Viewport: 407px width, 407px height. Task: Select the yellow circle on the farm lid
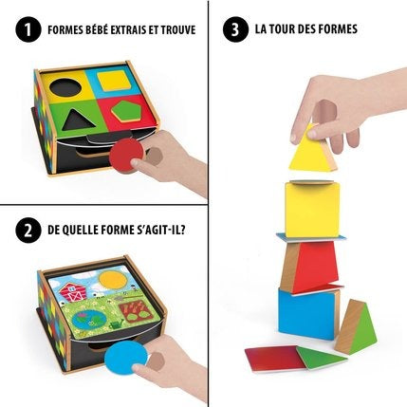point(113,281)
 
